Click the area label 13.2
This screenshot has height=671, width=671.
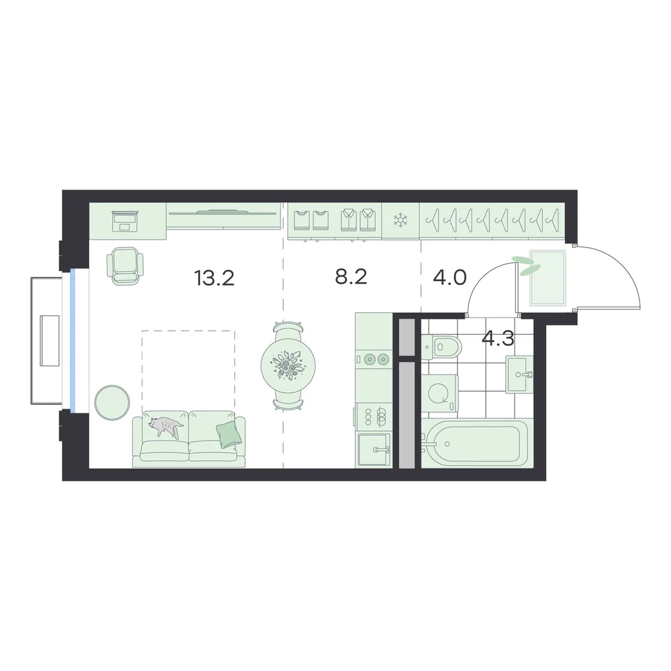coord(214,278)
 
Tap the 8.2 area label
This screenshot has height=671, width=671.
coord(351,277)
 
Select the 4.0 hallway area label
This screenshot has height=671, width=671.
coord(450,278)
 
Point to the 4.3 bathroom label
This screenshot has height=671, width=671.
coord(498,339)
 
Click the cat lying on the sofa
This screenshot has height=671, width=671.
coord(165,426)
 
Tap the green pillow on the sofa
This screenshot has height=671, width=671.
coord(229,434)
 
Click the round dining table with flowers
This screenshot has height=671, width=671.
coord(288,366)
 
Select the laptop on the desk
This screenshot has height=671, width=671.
coord(124,221)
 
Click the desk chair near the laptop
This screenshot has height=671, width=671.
coord(125,266)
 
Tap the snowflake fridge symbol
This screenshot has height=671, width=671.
coord(401,221)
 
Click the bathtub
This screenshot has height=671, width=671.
coord(477,443)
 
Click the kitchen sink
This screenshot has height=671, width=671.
coord(374,450)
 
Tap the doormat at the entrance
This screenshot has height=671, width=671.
coord(548,278)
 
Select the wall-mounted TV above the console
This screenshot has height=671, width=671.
coord(221,211)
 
